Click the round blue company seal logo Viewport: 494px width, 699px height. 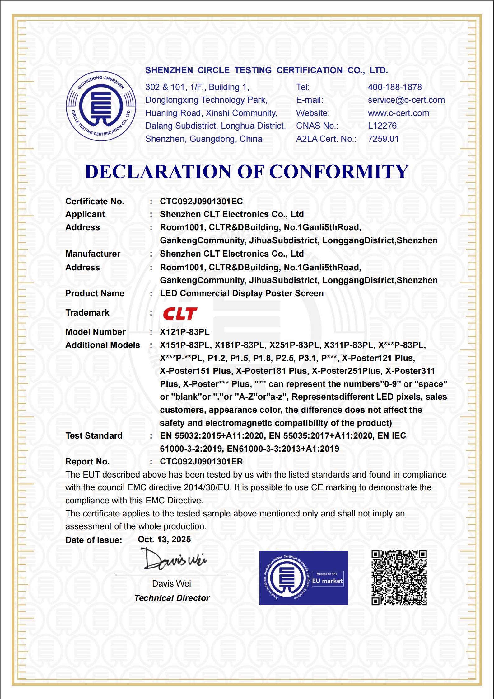coord(101,106)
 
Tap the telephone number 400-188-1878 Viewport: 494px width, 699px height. coord(394,87)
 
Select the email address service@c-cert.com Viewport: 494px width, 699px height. coord(406,100)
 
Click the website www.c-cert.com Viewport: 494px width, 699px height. coord(398,113)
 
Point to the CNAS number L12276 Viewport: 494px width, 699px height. coord(382,126)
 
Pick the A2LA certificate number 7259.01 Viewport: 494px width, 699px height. coord(383,139)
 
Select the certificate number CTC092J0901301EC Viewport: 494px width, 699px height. coord(201,202)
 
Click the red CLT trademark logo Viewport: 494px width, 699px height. coord(180,313)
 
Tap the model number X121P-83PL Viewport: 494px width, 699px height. coord(184,332)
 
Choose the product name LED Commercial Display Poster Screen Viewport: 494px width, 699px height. coord(241,293)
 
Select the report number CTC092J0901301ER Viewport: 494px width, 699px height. coord(201,462)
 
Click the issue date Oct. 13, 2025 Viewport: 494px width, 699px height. coord(164,540)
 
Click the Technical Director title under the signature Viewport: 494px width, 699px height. coord(172,598)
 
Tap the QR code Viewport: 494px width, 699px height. coord(399,578)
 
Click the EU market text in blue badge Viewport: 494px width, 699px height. coord(327,581)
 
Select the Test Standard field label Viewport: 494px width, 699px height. coord(94,436)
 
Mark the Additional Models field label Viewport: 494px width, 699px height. coord(102,345)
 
